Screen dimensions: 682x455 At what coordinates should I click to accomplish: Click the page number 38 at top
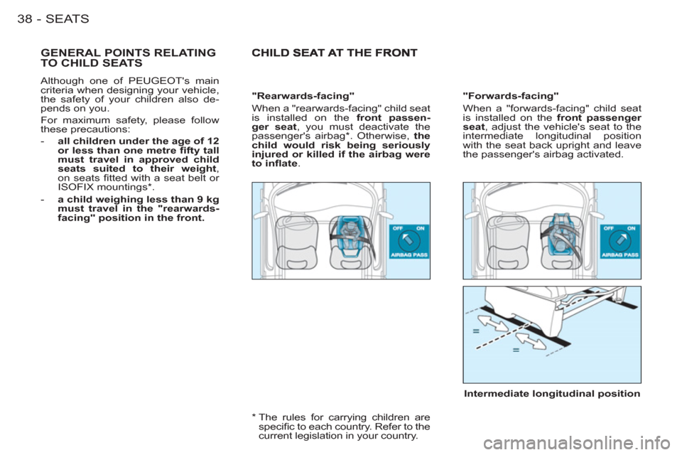25,18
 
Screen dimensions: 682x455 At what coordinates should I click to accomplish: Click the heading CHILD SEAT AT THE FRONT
335,53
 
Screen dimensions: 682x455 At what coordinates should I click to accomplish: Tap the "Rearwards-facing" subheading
303,96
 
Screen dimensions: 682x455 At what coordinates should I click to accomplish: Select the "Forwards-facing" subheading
511,96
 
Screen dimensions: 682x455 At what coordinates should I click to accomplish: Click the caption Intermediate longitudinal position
552,394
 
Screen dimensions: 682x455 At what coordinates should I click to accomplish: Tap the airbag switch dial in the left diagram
409,241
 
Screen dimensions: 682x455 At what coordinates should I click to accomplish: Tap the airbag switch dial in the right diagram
619,241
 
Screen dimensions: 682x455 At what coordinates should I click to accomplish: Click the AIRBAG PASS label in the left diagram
409,255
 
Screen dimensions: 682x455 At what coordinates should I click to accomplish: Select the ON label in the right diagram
632,228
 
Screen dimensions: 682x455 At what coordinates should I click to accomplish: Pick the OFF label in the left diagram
398,228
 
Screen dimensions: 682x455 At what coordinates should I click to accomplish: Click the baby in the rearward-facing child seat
350,233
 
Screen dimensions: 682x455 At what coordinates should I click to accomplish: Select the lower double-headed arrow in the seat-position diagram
531,338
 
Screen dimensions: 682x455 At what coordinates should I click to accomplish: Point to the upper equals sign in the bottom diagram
476,331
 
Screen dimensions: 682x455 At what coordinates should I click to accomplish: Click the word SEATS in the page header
67,18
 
